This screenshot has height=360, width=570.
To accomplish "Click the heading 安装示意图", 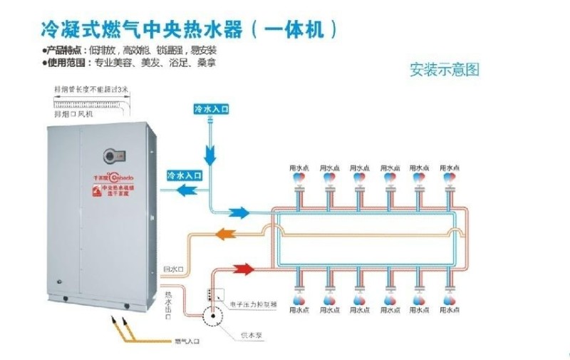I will [x=445, y=70].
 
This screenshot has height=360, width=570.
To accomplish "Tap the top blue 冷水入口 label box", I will [x=211, y=109].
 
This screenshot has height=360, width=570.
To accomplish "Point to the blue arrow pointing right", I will [x=239, y=212].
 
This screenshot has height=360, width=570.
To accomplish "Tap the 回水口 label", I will [x=174, y=269].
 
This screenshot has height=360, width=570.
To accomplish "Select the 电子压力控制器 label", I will [x=253, y=303].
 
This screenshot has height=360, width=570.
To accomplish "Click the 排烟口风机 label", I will [x=75, y=113].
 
